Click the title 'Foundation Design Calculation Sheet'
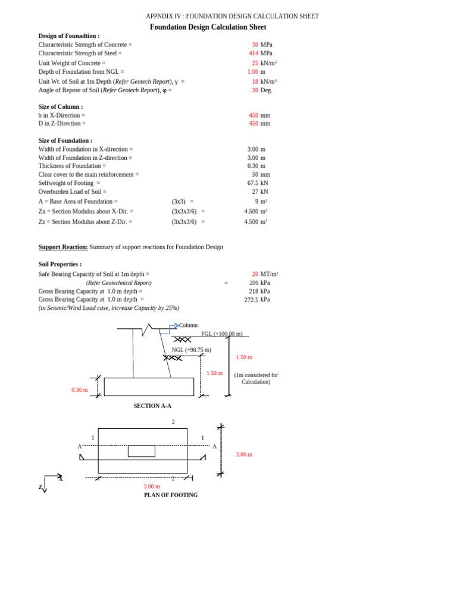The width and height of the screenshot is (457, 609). point(208,27)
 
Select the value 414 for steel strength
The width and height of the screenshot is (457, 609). point(253,54)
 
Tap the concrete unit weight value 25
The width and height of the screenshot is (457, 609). point(255,63)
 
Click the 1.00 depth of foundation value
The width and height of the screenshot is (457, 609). point(253,72)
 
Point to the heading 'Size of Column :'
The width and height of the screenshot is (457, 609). point(61,107)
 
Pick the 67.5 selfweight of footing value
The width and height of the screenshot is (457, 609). point(253,183)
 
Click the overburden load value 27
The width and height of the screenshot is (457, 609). point(255,192)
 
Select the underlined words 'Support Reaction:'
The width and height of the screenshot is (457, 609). point(63,247)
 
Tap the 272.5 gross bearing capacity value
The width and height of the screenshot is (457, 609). point(251,300)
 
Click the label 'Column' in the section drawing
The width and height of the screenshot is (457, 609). point(188,325)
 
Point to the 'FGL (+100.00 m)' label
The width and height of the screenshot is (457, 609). point(221,334)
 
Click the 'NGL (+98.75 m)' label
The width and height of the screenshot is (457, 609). point(192,350)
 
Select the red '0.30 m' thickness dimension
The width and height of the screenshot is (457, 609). point(80,390)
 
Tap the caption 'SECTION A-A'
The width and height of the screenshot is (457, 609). point(152,406)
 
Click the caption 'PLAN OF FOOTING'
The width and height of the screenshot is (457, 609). point(171,495)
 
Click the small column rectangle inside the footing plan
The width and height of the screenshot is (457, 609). point(142,451)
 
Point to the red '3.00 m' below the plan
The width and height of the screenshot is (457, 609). point(152,486)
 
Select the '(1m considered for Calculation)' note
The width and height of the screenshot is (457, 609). point(256,378)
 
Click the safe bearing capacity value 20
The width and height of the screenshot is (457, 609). point(255,274)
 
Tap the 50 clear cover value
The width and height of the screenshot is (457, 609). point(255,175)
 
